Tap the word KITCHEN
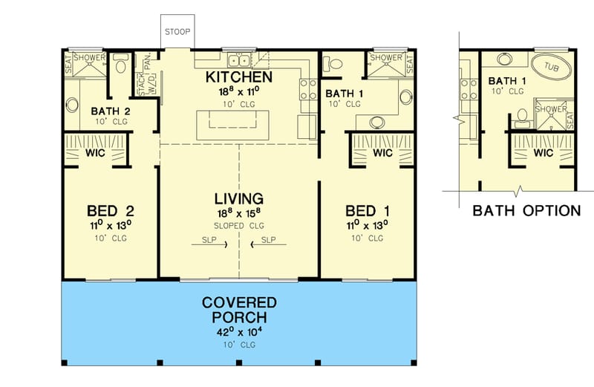238,77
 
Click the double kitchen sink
239,60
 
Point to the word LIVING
238,198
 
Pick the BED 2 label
110,209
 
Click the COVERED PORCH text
239,310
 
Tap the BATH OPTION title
526,211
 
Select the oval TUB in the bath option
552,68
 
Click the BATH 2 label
110,111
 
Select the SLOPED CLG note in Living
238,224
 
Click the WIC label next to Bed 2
95,154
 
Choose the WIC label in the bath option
544,154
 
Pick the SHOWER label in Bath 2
88,57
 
